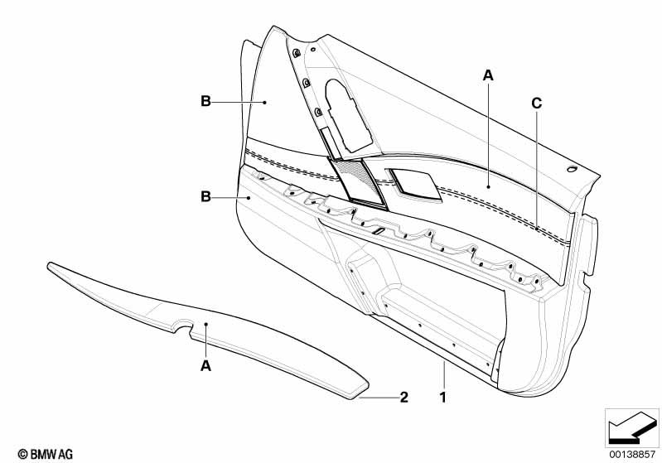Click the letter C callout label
536,104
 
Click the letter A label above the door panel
488,76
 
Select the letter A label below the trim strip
205,366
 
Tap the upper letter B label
205,101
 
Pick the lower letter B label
205,196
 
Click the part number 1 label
443,398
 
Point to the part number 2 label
404,398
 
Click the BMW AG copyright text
46,454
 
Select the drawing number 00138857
632,455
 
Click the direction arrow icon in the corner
632,427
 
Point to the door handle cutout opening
347,115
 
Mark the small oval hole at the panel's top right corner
573,169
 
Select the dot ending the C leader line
537,229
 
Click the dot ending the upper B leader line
264,102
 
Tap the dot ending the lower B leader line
249,197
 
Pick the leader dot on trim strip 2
205,324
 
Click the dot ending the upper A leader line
488,186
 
